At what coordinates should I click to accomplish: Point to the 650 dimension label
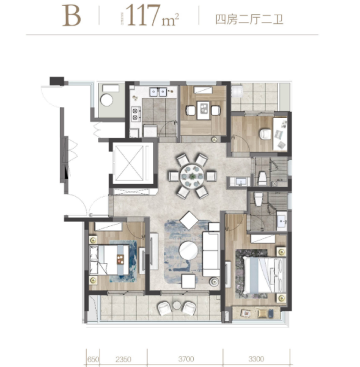coord(92,359)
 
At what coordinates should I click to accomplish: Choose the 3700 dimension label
coord(187,359)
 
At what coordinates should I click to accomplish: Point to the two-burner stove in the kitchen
coord(134,114)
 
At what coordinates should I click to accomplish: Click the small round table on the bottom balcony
coord(177,305)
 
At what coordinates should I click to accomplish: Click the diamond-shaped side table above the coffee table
coord(189,220)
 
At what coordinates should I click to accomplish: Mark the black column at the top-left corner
coord(56,80)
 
